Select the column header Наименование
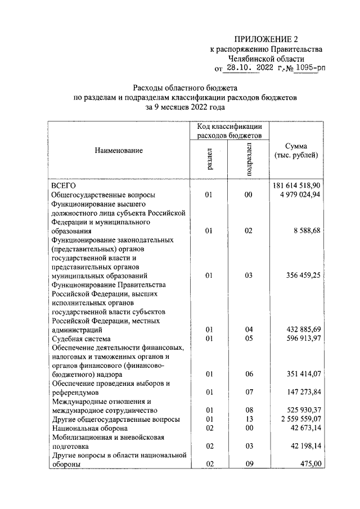(119, 150)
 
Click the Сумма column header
(296, 150)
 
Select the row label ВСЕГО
(64, 185)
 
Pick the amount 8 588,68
(307, 231)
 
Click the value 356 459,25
(303, 276)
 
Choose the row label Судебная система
(82, 339)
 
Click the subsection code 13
(249, 419)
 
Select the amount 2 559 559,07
(299, 419)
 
